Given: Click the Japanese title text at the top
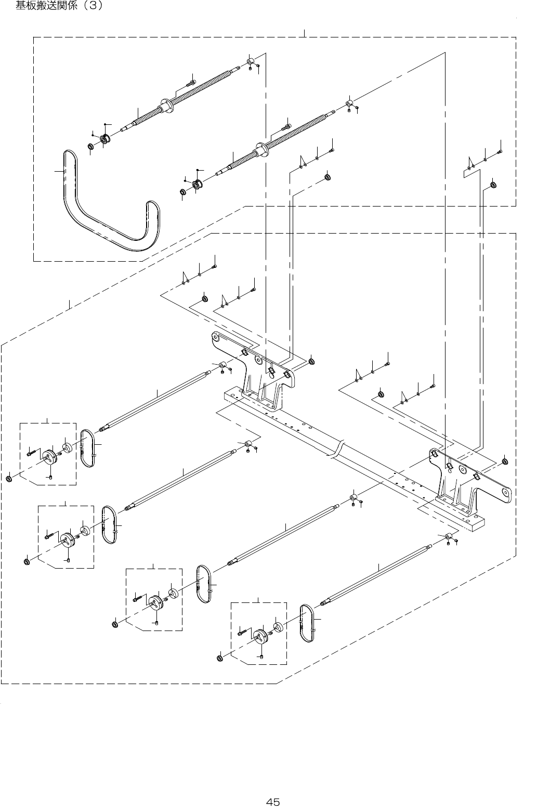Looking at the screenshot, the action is [x=59, y=6].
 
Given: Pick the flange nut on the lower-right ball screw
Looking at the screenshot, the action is [x=262, y=149].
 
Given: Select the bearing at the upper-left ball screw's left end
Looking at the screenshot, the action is [x=106, y=138].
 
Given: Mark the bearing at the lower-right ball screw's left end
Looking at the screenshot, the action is [x=198, y=184].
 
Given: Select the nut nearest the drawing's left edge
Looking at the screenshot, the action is [x=9, y=479].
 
